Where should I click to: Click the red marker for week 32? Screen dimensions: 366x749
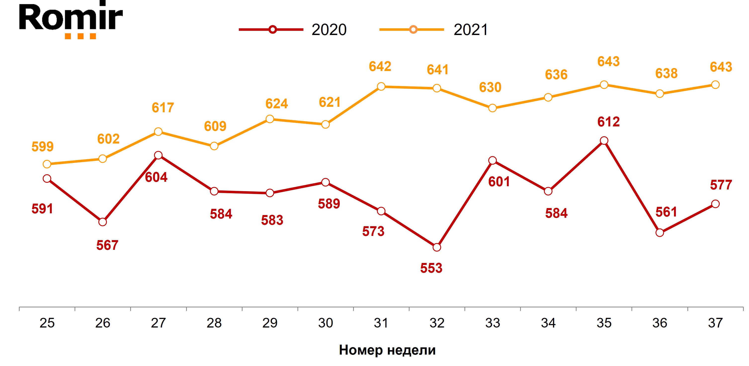coord(437,247)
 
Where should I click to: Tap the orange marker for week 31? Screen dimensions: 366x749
coord(381,87)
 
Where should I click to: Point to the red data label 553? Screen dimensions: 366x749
coord(431,268)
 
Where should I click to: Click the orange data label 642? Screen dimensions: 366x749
coord(380,67)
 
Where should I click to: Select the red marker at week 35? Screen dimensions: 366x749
coord(604,141)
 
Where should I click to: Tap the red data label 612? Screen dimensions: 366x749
coord(609,122)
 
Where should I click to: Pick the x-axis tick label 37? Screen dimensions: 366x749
coord(715,323)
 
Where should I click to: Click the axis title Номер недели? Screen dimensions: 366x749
coord(387,350)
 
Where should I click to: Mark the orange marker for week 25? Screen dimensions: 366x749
coord(47,164)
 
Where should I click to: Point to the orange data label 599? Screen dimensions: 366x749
coord(42,146)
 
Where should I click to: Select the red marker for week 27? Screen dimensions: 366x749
coord(158,155)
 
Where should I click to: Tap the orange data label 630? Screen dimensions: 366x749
coord(490,87)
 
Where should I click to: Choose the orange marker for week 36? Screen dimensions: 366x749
coord(660,94)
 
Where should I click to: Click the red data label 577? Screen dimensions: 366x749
coord(721,185)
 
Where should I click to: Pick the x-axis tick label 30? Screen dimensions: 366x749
coord(325,323)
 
